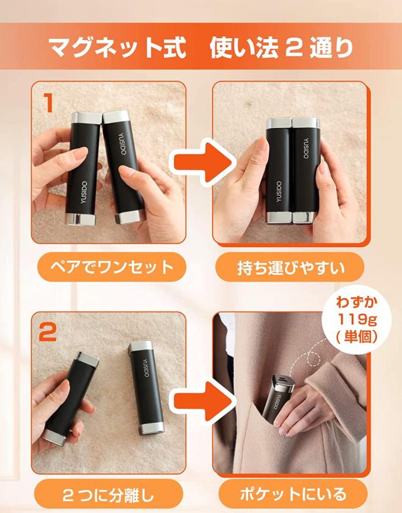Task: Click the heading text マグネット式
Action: tap(117, 48)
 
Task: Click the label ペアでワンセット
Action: tap(112, 267)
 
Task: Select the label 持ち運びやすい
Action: tap(291, 267)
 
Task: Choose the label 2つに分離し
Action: tap(108, 494)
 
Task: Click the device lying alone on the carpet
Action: tap(146, 388)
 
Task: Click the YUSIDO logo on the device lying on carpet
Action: tap(146, 368)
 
